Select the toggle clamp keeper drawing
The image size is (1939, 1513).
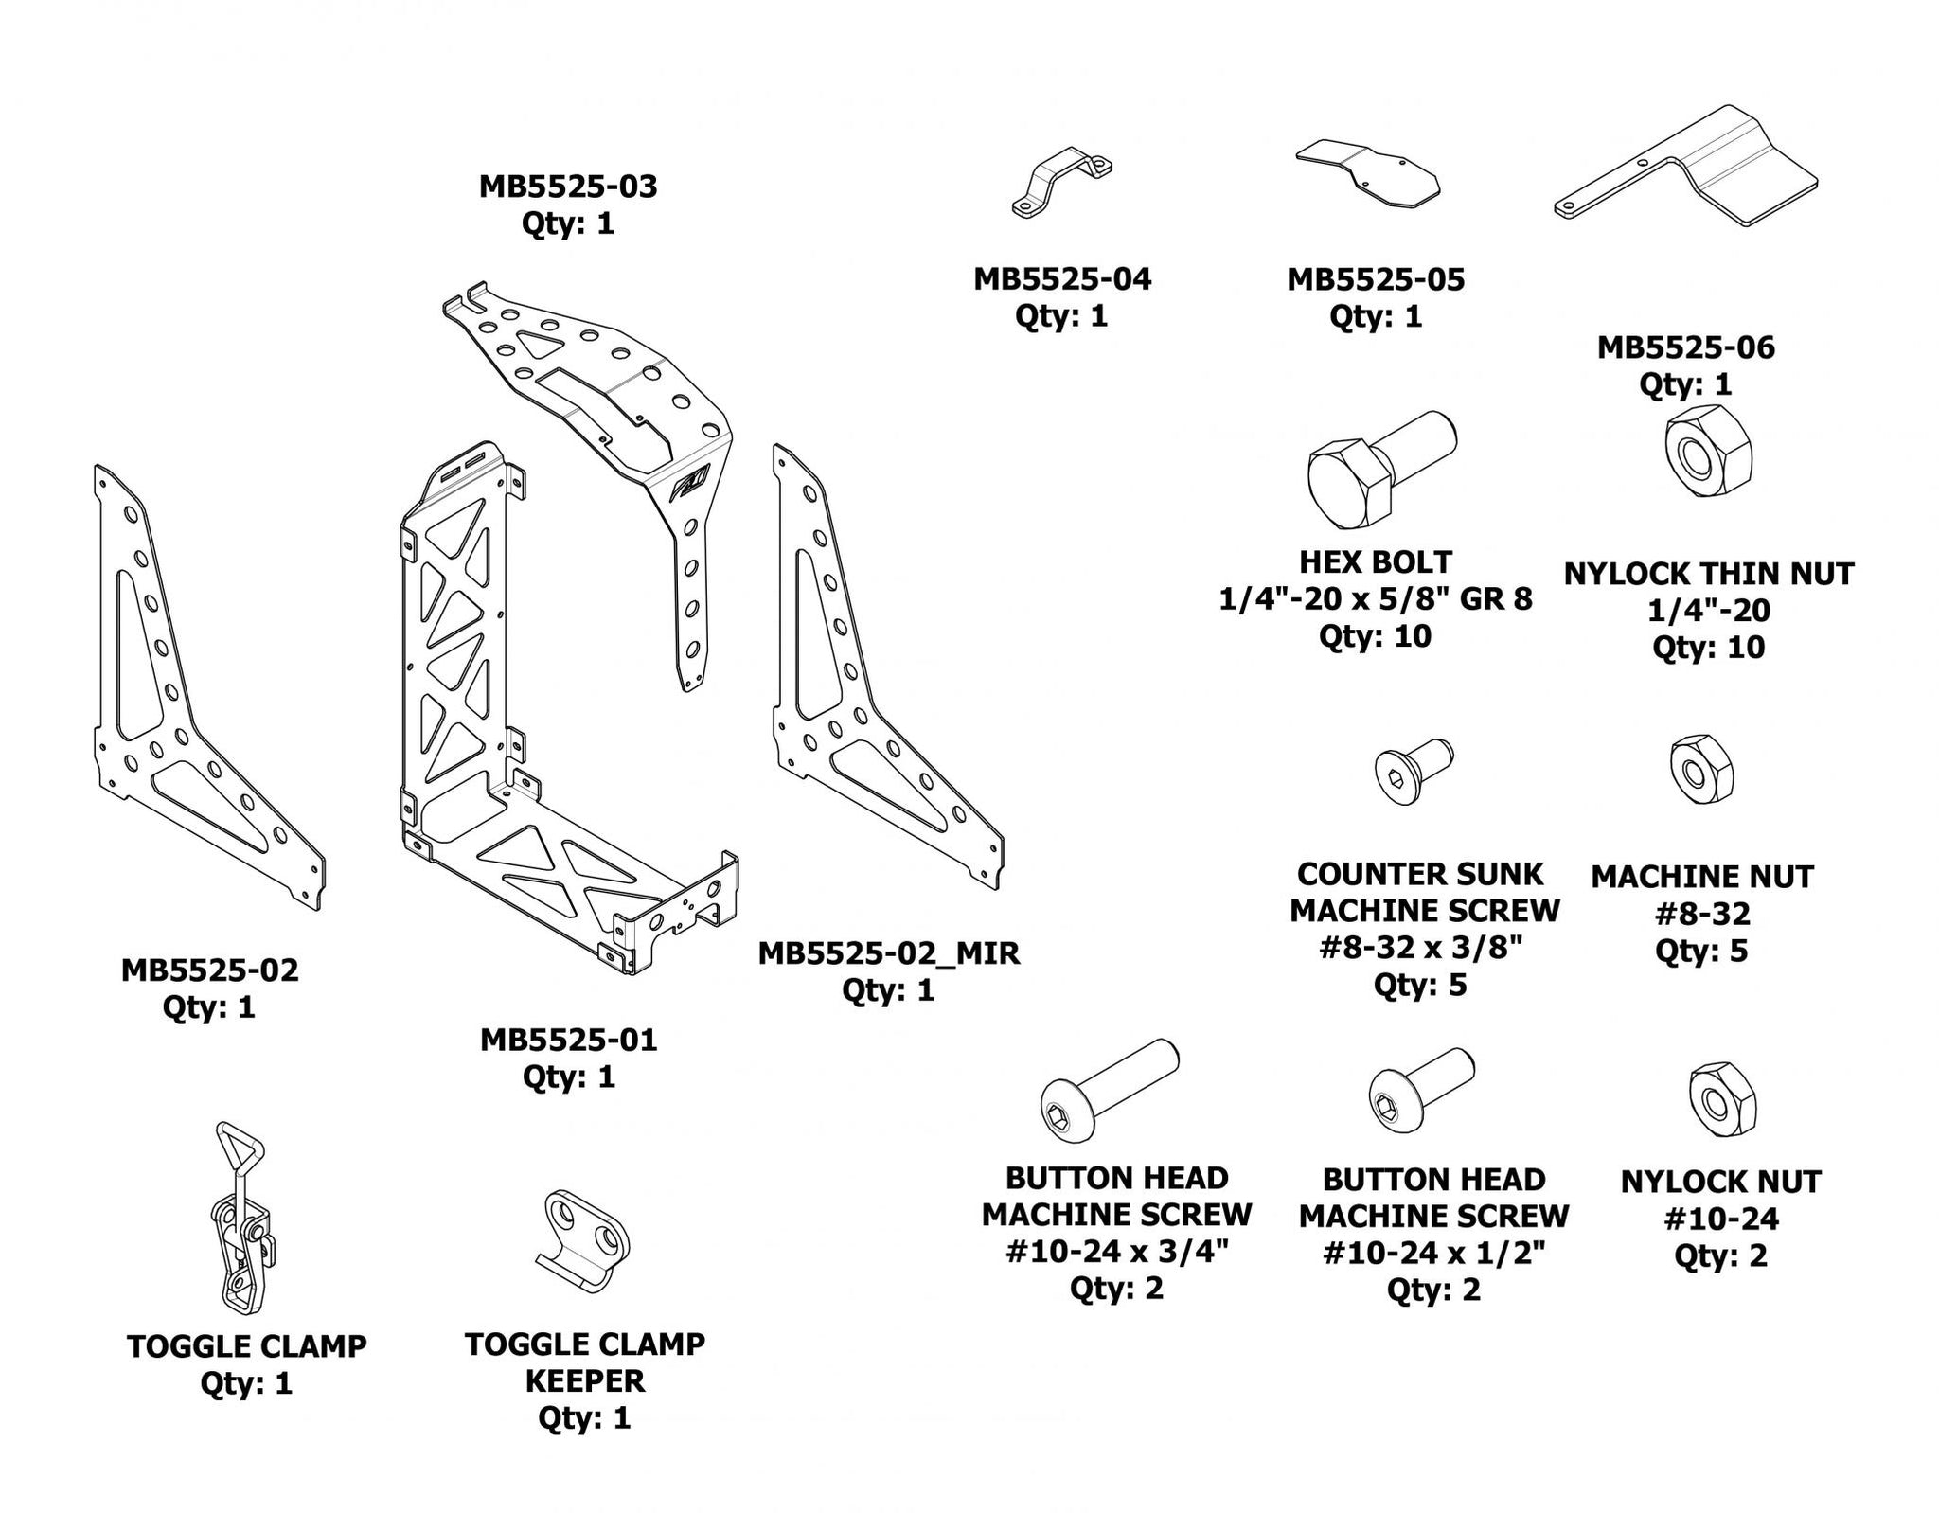[586, 1240]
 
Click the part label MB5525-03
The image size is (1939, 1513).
[568, 187]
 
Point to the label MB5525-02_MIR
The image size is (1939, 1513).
[888, 952]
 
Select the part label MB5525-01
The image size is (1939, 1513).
[568, 1040]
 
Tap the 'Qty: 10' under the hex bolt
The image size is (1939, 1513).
[1375, 636]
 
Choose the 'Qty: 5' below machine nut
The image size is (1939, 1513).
[1701, 951]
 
